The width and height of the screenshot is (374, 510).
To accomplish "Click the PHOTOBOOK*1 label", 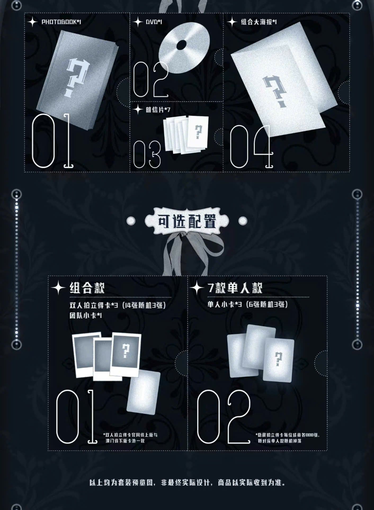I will (x=61, y=22).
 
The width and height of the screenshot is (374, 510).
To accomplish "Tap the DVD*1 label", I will (x=154, y=22).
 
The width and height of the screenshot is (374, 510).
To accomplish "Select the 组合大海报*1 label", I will (x=259, y=22).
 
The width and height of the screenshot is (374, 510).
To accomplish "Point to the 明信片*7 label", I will (x=158, y=109).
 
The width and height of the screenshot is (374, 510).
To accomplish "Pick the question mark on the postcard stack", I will (x=198, y=132).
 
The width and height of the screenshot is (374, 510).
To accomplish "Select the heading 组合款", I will (x=87, y=288).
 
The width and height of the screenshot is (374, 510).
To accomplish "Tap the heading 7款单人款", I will (x=235, y=287).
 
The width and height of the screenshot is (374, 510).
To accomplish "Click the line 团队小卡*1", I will (x=86, y=315).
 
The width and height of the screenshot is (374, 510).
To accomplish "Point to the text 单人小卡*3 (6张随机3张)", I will (x=247, y=305).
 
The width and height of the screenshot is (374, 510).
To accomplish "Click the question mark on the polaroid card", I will (x=125, y=351).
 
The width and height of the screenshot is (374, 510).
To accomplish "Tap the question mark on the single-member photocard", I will (x=278, y=359).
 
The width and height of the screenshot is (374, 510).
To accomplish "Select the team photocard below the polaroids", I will (x=143, y=393).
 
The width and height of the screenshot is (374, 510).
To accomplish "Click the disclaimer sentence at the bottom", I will (x=187, y=482).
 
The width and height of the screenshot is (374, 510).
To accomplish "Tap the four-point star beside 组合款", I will (x=58, y=288).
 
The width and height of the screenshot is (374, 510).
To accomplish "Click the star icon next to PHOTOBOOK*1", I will (x=33, y=22).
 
